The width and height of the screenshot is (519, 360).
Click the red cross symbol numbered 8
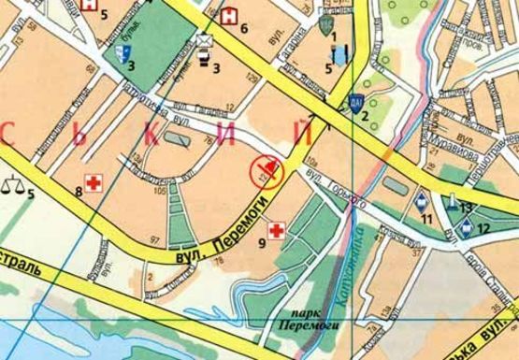[x=93, y=181]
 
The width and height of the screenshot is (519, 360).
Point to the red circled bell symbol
[x=265, y=169]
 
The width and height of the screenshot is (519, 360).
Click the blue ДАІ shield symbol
[x=355, y=104]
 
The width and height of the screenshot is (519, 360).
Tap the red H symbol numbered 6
[x=229, y=16]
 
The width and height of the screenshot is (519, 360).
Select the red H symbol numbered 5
[x=89, y=6]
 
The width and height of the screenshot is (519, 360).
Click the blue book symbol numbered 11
[x=423, y=201]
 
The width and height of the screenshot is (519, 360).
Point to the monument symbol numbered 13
[x=453, y=200]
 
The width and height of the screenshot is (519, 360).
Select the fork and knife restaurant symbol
[x=335, y=54]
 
